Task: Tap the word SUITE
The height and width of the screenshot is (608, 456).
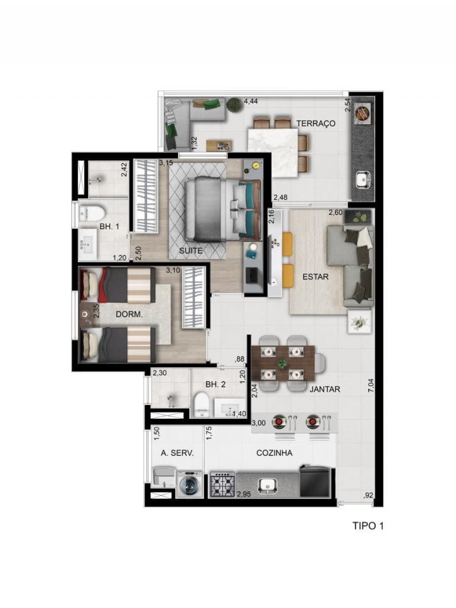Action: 190,251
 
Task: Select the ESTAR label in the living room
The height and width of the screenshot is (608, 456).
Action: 315,277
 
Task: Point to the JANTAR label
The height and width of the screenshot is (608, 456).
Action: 325,390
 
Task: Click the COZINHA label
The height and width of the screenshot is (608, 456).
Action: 274,453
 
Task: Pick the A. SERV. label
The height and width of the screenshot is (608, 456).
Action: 177,453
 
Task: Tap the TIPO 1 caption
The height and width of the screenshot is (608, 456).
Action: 368,526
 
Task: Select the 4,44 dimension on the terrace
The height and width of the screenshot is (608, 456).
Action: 251,102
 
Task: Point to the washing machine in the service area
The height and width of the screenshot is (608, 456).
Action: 189,484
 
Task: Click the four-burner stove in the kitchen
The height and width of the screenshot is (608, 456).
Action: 222,484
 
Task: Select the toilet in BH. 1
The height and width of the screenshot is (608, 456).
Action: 92,213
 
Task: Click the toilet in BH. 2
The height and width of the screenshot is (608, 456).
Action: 201,405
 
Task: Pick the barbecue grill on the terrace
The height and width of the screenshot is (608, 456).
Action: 363,114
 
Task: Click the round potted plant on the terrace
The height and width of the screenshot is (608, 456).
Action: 234,104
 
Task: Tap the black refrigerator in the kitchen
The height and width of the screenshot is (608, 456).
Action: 315,482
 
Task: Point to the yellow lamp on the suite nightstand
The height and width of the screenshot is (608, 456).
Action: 255,165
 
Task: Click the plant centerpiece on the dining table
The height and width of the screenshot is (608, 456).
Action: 282,364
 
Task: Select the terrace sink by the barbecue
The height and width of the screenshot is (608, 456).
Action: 363,179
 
